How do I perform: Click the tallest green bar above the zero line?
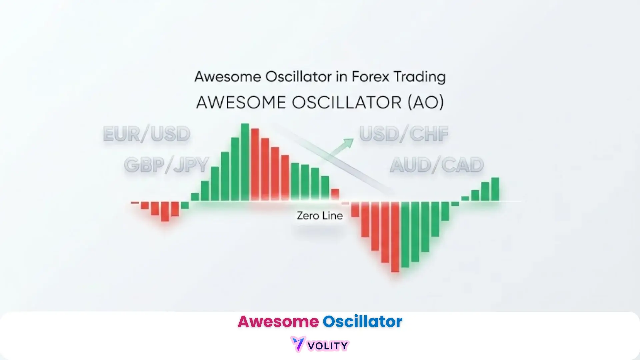[245, 162]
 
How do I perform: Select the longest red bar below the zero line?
[395, 237]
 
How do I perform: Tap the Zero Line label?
[320, 216]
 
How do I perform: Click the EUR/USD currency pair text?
[147, 134]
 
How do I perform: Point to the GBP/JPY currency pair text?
[166, 165]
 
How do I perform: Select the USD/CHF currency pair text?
[404, 134]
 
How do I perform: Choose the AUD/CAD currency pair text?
[437, 165]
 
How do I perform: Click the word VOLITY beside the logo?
[328, 346]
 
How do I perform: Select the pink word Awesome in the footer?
[278, 321]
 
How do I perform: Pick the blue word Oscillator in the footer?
[362, 321]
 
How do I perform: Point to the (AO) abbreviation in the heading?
[426, 102]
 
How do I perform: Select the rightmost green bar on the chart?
[495, 189]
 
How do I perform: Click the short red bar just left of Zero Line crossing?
[335, 195]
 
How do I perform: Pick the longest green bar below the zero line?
[405, 235]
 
